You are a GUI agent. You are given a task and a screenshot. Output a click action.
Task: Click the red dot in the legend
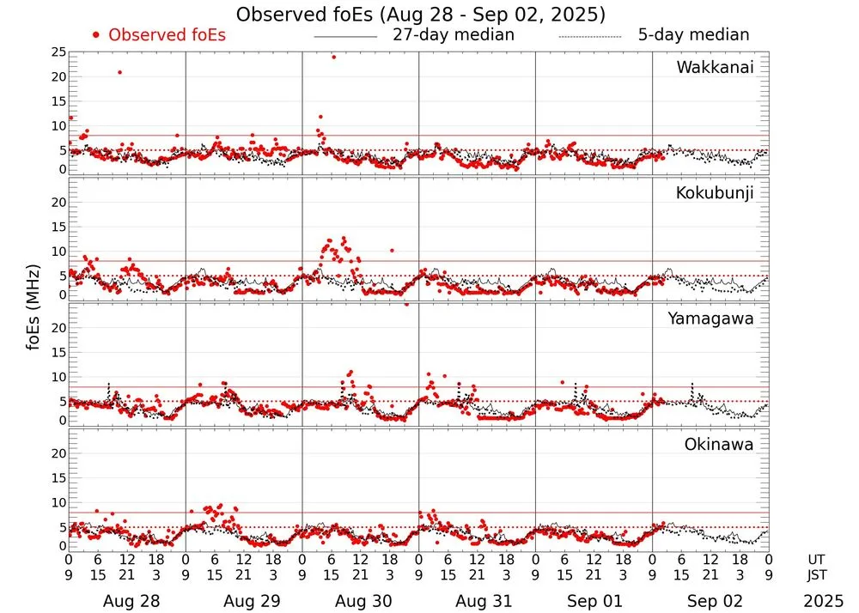96,35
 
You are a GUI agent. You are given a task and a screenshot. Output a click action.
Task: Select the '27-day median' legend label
454,35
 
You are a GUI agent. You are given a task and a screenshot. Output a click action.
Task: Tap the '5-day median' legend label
693,35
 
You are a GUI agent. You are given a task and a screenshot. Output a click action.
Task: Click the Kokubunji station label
714,193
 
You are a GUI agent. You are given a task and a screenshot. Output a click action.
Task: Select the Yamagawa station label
711,319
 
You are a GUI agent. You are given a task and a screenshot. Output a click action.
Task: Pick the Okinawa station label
719,445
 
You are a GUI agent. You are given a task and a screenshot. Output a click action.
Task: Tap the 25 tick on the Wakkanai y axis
58,52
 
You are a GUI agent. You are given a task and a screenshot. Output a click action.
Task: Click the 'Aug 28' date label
127,602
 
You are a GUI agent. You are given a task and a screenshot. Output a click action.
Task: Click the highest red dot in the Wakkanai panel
333,57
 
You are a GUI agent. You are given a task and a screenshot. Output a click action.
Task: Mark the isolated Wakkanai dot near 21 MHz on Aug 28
119,72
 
